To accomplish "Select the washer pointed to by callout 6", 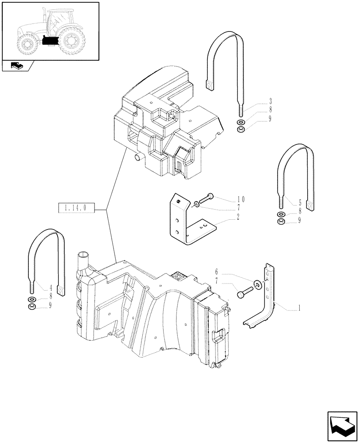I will coord(257,284).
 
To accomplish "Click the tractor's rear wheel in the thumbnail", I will coord(71,41).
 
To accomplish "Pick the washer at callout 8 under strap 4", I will coord(32,299).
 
